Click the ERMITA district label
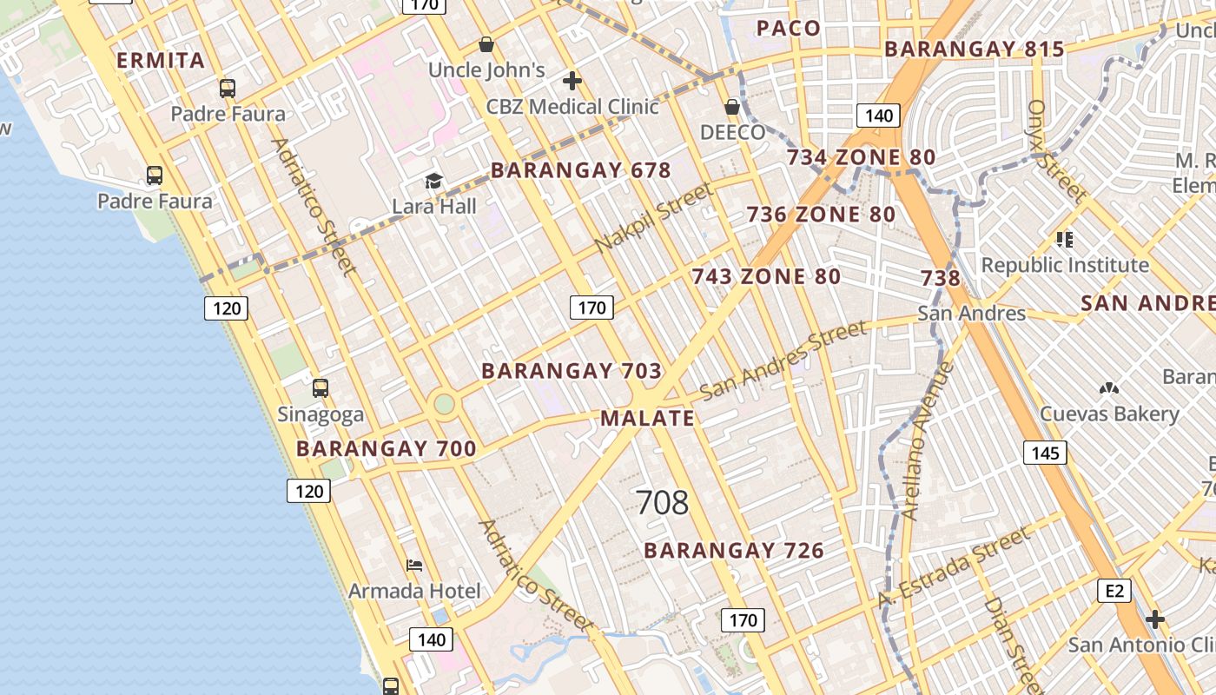[161, 61]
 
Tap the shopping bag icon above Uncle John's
[486, 44]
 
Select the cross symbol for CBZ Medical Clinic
[572, 81]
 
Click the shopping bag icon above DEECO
[732, 107]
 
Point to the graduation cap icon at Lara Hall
[433, 181]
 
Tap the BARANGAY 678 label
[581, 170]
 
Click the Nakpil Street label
[653, 218]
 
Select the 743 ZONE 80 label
[766, 277]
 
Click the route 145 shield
[1045, 453]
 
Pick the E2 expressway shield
[1114, 592]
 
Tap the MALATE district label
[648, 418]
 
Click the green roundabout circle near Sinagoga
[444, 404]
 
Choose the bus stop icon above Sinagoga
[321, 387]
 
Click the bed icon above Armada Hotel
[414, 565]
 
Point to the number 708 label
[662, 502]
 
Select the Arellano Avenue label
[927, 441]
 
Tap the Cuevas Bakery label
[1109, 414]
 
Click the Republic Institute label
[1065, 265]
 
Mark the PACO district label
[789, 29]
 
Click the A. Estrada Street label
[953, 568]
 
